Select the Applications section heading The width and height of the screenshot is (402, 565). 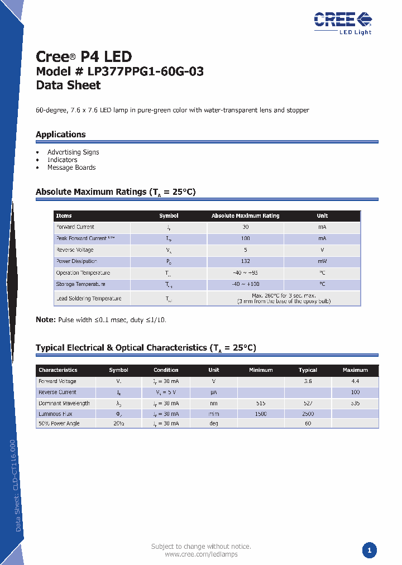pyautogui.click(x=61, y=134)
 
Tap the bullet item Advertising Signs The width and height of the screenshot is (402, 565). pyautogui.click(x=73, y=152)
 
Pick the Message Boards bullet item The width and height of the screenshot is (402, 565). pyautogui.click(x=71, y=167)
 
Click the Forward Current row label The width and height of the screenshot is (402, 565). pyautogui.click(x=75, y=227)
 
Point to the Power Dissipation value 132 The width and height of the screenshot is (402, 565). pyautogui.click(x=246, y=261)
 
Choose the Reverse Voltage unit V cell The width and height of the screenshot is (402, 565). pyautogui.click(x=322, y=250)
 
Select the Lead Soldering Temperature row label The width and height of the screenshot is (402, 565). pyautogui.click(x=89, y=298)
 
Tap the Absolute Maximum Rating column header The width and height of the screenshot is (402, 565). pyautogui.click(x=246, y=216)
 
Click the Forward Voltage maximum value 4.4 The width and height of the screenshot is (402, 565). pyautogui.click(x=355, y=381)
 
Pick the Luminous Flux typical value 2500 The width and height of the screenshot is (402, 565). pyautogui.click(x=308, y=414)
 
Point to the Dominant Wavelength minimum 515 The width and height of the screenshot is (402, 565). pyautogui.click(x=261, y=403)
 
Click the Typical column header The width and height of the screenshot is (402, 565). pyautogui.click(x=308, y=370)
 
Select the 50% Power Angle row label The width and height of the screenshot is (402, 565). pyautogui.click(x=59, y=423)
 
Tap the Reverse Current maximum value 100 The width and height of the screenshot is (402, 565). pyautogui.click(x=355, y=392)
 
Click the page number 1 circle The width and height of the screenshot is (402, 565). pyautogui.click(x=369, y=550)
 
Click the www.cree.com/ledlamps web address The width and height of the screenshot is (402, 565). pyautogui.click(x=201, y=554)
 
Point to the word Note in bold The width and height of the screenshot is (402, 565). pyautogui.click(x=45, y=320)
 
